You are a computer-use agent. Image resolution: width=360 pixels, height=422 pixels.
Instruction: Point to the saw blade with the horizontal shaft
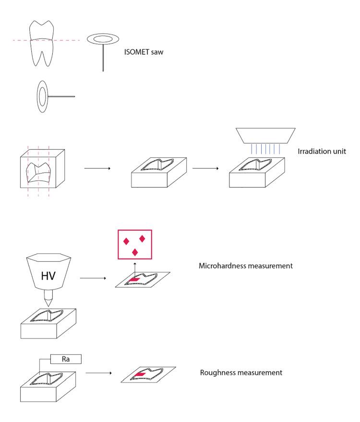tap(43, 96)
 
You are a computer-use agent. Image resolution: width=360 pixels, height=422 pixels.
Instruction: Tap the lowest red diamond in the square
tap(135, 251)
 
